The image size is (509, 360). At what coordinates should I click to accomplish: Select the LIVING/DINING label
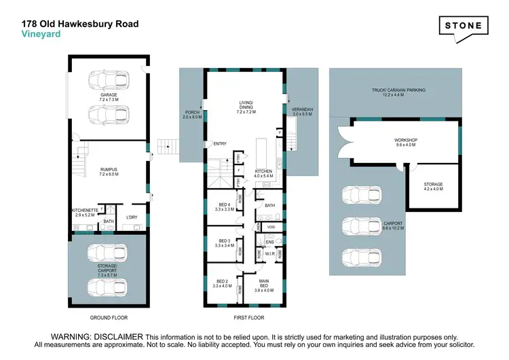245,105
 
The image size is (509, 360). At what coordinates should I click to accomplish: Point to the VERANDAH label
301,111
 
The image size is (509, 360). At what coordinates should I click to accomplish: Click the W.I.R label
268,255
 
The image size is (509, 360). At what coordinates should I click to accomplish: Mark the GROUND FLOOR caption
109,317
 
